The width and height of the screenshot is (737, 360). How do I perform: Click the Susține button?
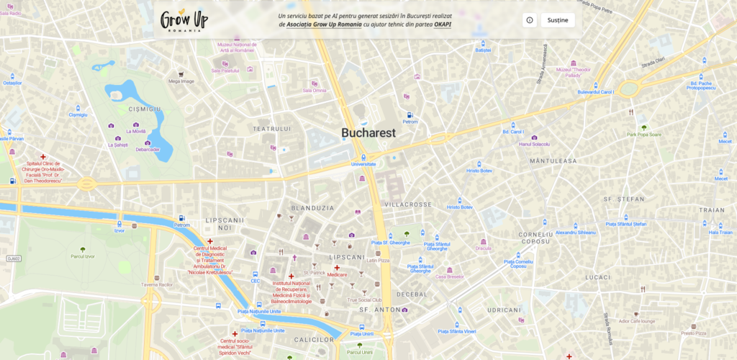(557, 20)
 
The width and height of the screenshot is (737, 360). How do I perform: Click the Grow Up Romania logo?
(181, 19)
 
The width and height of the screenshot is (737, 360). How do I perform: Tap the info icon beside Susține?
(530, 20)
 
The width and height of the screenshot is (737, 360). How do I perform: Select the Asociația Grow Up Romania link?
(324, 24)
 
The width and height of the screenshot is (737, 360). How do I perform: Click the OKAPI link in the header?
(443, 24)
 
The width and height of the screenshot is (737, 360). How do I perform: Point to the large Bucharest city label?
(368, 133)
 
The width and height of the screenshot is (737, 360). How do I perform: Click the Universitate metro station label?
(363, 164)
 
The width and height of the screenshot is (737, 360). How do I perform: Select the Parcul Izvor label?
(83, 256)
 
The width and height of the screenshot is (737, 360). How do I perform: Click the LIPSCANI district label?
(346, 256)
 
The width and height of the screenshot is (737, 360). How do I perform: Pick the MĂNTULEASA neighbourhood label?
(553, 161)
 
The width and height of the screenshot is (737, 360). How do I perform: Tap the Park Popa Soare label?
(643, 134)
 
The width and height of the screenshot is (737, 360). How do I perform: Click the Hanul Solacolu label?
(534, 144)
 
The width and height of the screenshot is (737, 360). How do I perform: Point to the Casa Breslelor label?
(450, 276)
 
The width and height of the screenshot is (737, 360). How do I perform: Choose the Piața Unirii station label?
(362, 334)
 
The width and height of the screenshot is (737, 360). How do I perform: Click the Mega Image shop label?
(181, 81)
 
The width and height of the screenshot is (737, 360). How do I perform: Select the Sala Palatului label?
(225, 71)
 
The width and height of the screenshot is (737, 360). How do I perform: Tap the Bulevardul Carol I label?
(595, 92)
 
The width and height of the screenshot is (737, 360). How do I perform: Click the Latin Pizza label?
(378, 261)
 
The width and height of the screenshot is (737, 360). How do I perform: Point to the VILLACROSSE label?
(408, 204)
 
